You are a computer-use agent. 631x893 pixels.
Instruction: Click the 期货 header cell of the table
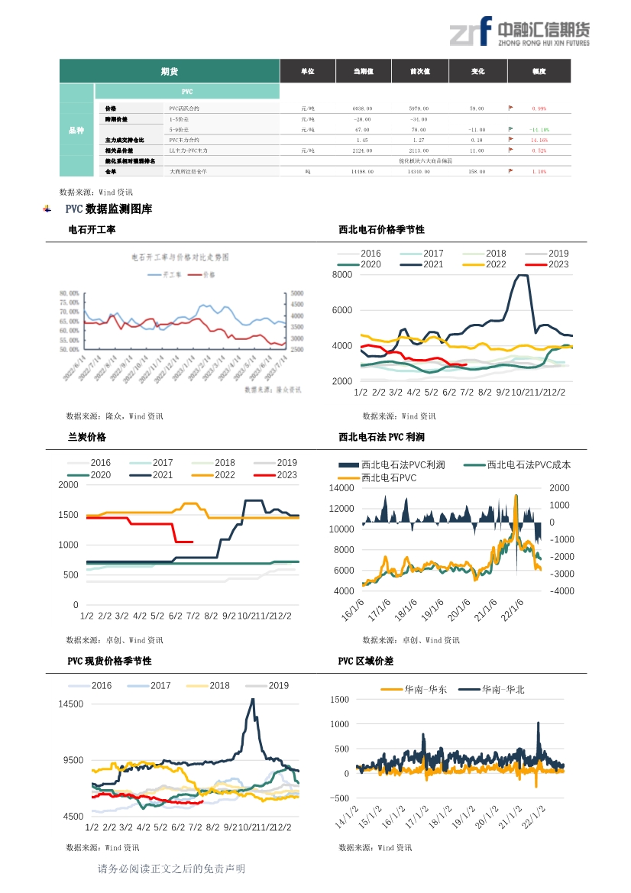pos(170,71)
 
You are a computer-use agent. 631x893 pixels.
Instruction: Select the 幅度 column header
pos(539,71)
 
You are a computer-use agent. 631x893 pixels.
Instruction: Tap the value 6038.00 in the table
pos(363,108)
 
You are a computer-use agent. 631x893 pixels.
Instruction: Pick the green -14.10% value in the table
pos(539,130)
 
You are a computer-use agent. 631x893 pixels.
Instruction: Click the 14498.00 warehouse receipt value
pos(363,172)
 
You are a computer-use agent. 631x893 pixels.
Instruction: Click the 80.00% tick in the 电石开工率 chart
pos(70,293)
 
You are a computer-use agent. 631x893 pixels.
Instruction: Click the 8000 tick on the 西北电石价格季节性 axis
pos(342,275)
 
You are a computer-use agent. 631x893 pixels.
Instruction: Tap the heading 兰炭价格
pos(87,438)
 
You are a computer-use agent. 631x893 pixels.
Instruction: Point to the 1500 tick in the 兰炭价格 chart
pos(69,515)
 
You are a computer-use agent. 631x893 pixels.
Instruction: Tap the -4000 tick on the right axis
pos(560,591)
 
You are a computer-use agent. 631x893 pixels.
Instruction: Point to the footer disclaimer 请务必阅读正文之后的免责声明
pos(171,869)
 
